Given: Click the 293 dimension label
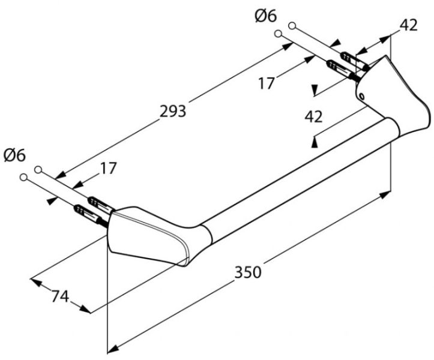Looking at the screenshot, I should pyautogui.click(x=173, y=111).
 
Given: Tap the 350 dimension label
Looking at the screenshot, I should pyautogui.click(x=248, y=272).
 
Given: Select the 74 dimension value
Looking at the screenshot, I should pyautogui.click(x=58, y=296).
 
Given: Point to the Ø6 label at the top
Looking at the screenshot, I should pyautogui.click(x=265, y=16).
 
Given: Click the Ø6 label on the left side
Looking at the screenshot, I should pyautogui.click(x=14, y=155).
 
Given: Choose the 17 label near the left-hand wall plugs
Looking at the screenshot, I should pyautogui.click(x=108, y=169).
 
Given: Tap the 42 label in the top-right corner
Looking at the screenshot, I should pyautogui.click(x=408, y=25).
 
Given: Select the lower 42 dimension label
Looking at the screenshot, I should pyautogui.click(x=313, y=116).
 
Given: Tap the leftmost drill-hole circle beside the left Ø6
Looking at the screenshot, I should pyautogui.click(x=24, y=178).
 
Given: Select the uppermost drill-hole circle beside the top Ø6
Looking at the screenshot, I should pyautogui.click(x=292, y=26).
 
